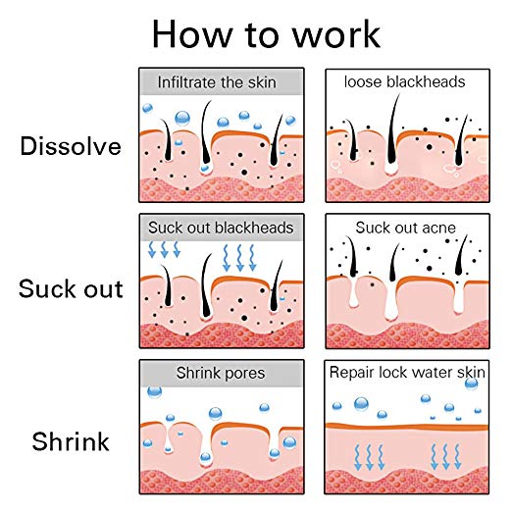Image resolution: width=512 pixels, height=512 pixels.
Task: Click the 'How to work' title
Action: point(266,34)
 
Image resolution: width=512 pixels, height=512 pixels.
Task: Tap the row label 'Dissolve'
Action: point(71,146)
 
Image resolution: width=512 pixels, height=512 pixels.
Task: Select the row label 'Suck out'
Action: point(71,288)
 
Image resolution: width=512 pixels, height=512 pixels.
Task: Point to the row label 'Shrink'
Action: point(71,441)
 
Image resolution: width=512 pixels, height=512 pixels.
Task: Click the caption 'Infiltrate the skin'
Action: point(217,82)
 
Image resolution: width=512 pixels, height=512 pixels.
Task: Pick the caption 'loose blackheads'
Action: point(404,81)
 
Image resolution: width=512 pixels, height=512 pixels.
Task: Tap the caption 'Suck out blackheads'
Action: point(221,228)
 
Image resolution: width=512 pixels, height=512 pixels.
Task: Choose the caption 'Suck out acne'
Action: point(405,228)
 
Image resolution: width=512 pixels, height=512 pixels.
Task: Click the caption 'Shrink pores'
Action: point(221,373)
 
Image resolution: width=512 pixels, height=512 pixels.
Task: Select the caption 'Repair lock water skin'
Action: point(407,372)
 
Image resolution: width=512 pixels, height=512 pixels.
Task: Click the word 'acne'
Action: point(439,229)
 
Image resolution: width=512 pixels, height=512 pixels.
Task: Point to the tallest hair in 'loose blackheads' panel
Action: point(392,130)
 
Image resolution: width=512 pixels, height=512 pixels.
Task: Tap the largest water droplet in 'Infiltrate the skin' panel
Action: point(182,118)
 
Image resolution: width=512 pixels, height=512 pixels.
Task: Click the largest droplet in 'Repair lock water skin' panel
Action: point(361,404)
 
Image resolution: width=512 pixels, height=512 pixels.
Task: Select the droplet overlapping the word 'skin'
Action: point(471,384)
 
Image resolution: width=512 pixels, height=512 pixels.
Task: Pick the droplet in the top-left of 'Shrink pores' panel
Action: point(155,391)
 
